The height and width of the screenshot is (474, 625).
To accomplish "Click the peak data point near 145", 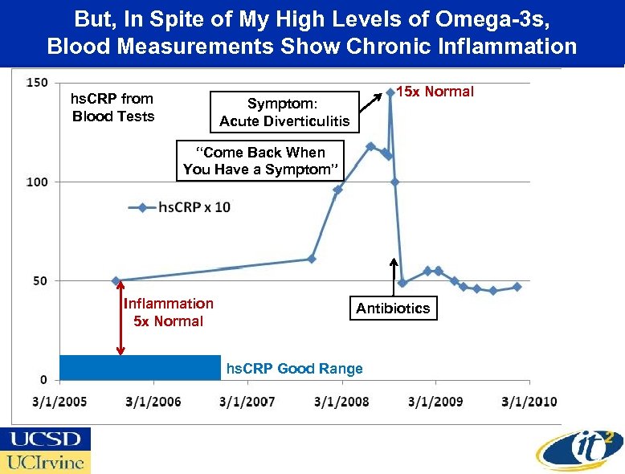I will point(390,92).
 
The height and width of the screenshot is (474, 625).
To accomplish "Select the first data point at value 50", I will point(116,281).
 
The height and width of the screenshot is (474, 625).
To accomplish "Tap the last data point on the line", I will point(517,287).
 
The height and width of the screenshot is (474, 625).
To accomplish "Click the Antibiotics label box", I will point(393,309).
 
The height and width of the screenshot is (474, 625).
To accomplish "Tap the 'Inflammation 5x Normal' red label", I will point(168,313).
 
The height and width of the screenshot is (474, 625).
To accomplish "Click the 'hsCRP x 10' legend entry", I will point(180,207).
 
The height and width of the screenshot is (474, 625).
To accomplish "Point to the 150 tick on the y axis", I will point(37,83).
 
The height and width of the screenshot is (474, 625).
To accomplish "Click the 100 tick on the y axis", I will point(37,182).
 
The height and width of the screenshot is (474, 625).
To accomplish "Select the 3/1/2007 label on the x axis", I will point(247,401).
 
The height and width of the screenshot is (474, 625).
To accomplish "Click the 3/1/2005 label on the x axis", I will point(59,401).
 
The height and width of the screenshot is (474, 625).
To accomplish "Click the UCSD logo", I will point(46,439).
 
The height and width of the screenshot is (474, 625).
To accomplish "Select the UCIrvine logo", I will point(46,462).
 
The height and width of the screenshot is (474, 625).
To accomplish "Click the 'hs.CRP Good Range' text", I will point(294,369).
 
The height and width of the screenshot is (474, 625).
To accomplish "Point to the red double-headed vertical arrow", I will point(121,318).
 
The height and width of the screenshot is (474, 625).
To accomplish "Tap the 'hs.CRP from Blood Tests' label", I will point(112,108).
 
